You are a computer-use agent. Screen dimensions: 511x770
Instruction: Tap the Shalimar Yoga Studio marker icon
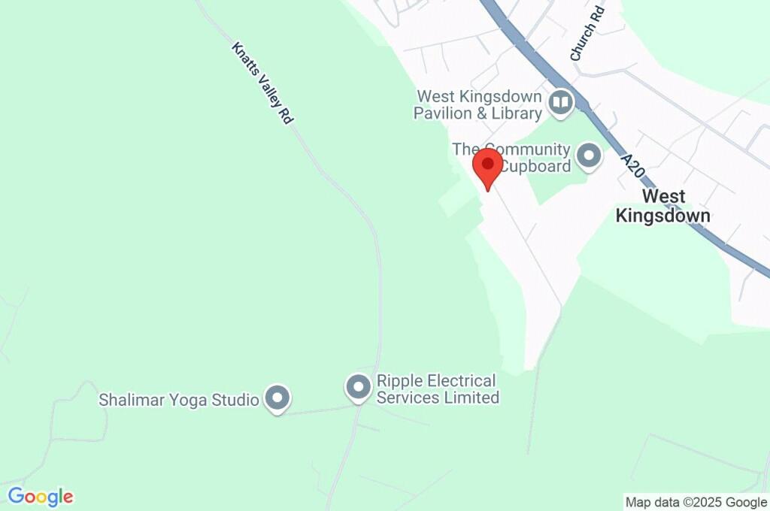tap(278, 398)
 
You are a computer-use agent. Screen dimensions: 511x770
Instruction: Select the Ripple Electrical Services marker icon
tap(358, 388)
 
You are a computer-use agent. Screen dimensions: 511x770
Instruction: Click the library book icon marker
tap(560, 102)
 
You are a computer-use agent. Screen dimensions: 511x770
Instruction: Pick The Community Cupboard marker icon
tap(588, 157)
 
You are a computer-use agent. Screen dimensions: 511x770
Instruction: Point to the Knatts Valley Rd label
tap(262, 83)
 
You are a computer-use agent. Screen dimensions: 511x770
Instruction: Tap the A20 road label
tap(633, 165)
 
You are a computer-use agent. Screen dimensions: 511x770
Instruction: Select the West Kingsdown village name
tap(662, 206)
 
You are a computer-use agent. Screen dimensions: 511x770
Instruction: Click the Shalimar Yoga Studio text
tap(179, 399)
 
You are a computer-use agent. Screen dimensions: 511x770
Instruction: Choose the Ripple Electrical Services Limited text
tap(438, 389)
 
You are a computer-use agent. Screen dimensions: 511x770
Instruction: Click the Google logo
tap(41, 497)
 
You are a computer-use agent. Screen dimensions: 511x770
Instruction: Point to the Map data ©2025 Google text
tap(696, 502)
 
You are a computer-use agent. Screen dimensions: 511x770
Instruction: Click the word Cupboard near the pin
tap(537, 166)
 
